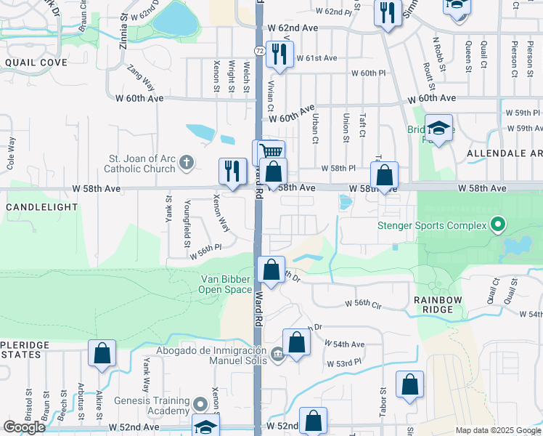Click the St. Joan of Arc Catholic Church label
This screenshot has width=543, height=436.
[142, 163]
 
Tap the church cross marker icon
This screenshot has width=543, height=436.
[187, 163]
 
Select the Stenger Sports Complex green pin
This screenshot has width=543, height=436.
[497, 225]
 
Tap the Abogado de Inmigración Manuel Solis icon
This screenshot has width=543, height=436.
[277, 355]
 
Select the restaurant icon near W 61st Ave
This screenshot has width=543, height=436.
[278, 54]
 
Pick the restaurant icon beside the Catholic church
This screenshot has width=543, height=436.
[232, 171]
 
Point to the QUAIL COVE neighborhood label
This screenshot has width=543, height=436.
[36, 62]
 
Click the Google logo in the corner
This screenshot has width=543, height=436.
[24, 427]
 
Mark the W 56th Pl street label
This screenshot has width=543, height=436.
[205, 256]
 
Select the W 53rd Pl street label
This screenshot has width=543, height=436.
[344, 363]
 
